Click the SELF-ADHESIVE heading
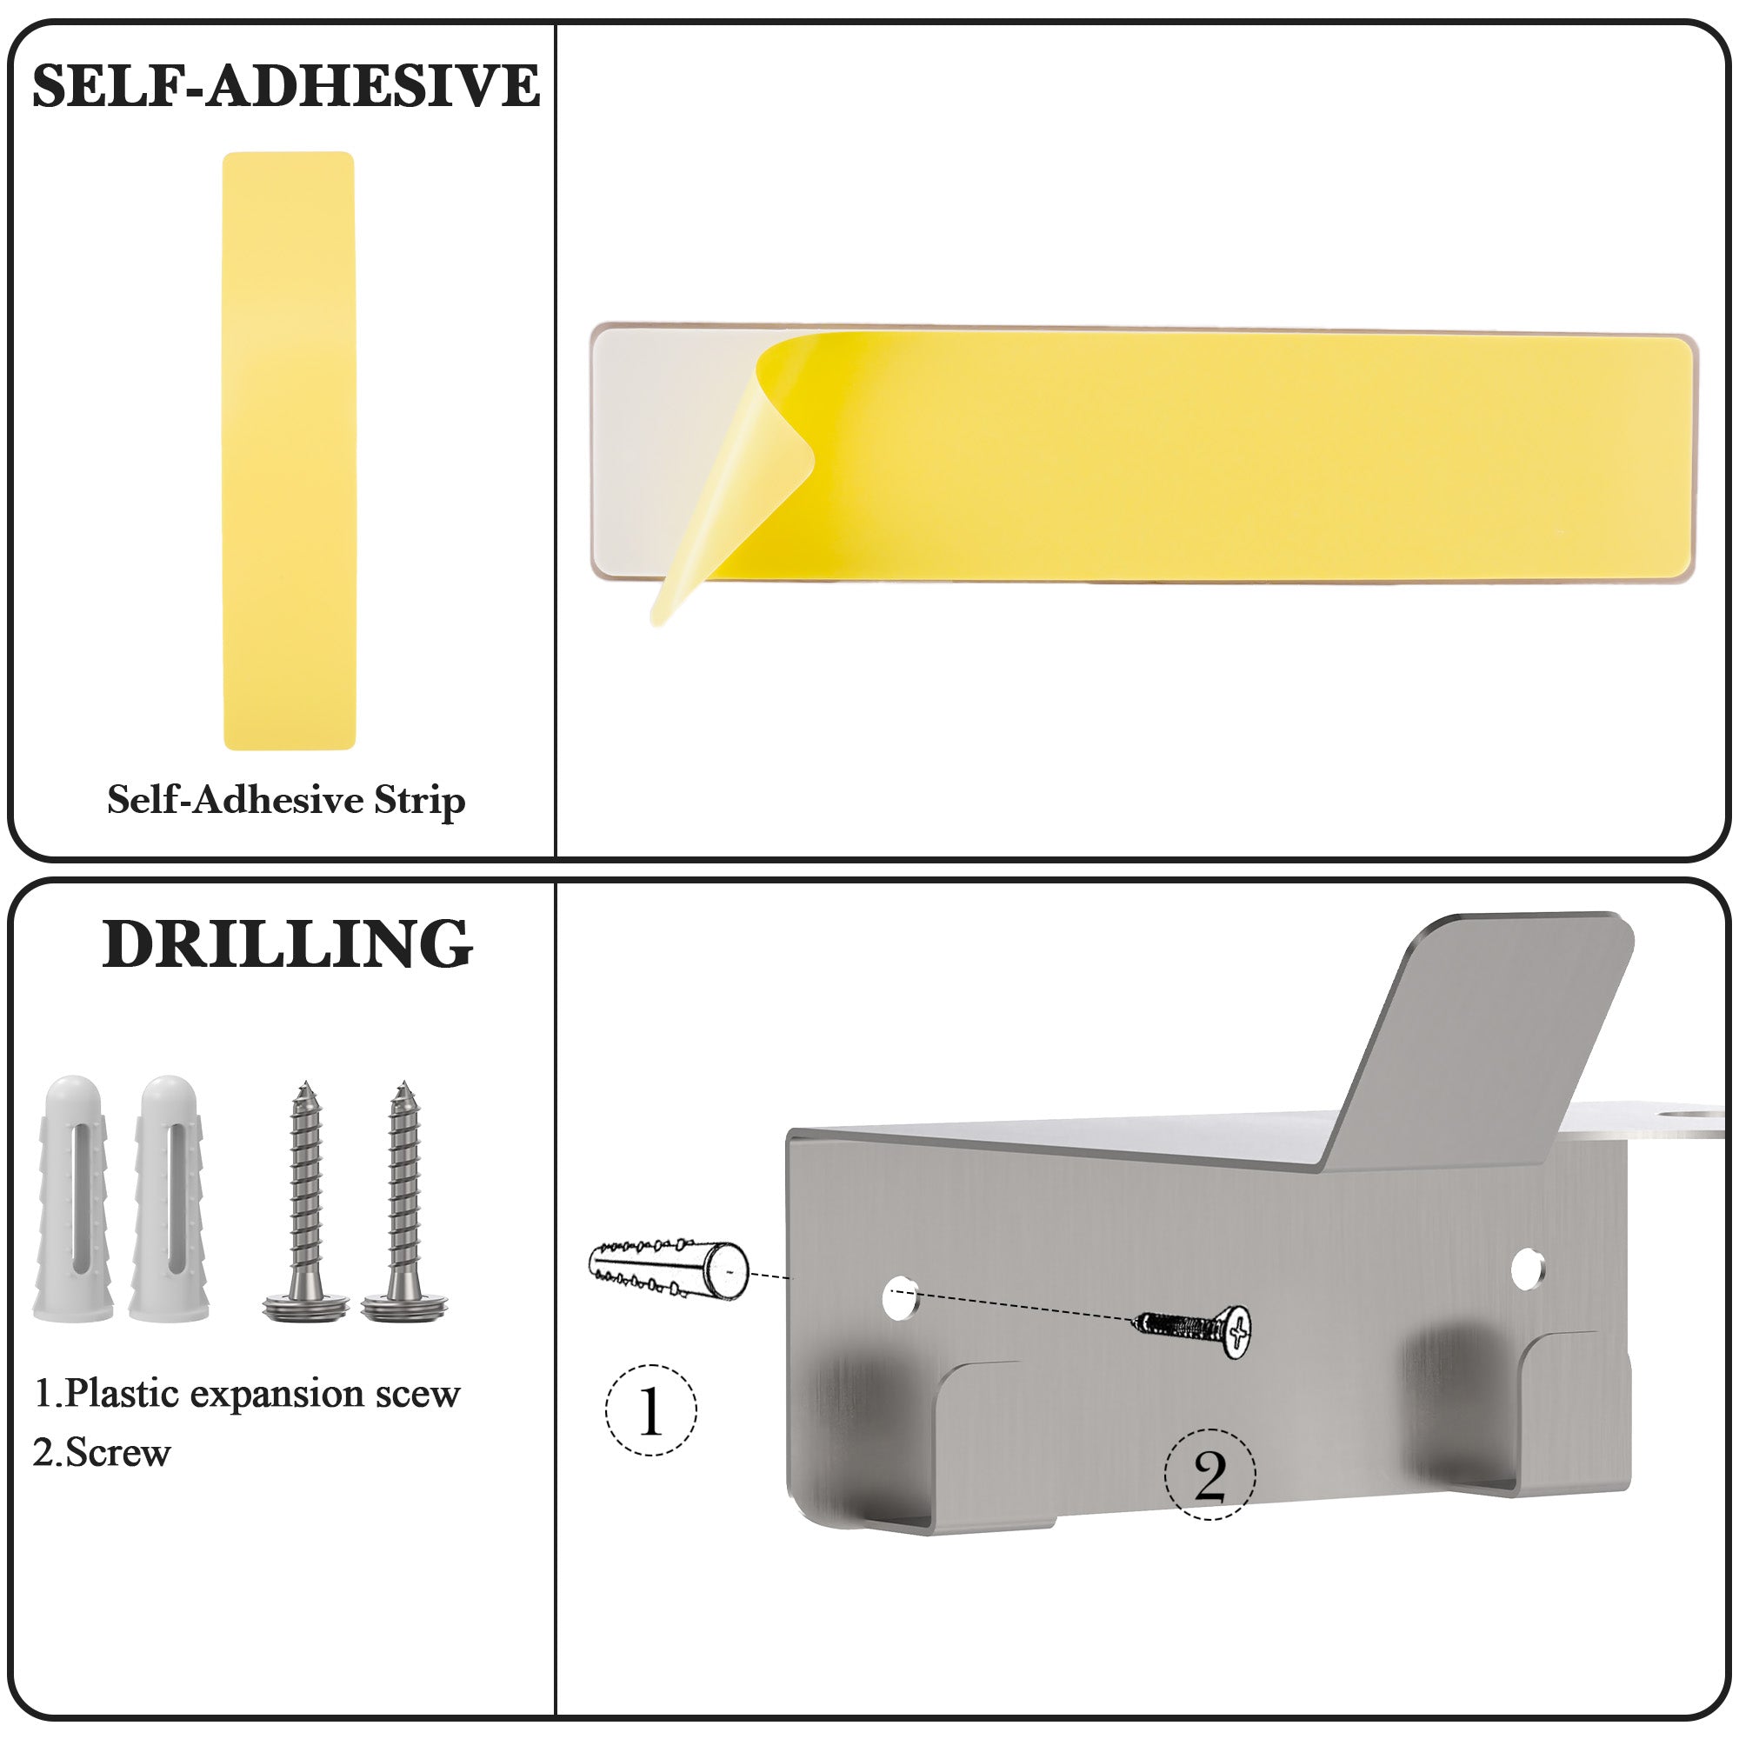tap(286, 86)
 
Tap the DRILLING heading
tap(287, 944)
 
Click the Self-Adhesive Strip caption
tap(286, 800)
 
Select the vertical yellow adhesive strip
tap(289, 451)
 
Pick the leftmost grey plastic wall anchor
tap(73, 1198)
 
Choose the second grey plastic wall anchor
tap(170, 1198)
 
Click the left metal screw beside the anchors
tap(306, 1201)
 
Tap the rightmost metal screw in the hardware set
tap(404, 1201)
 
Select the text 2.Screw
tap(102, 1453)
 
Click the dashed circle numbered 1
tap(650, 1410)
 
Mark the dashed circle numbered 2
tap(1209, 1476)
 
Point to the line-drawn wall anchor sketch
tap(668, 1269)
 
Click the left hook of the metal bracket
tap(936, 1450)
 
